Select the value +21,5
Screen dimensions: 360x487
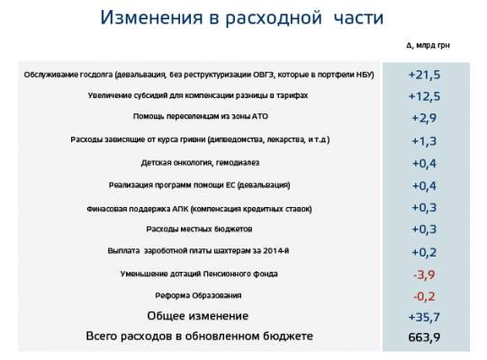424,73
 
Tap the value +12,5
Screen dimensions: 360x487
424,95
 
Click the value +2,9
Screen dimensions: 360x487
424,118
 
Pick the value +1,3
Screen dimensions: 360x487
424,140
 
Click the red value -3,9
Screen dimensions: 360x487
424,274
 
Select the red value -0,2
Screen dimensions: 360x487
424,295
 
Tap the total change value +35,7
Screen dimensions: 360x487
424,317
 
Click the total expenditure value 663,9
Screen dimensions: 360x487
424,338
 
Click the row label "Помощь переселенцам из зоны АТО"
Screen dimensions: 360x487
198,118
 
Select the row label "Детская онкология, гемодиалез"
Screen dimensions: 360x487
198,163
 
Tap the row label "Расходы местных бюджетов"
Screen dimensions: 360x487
198,229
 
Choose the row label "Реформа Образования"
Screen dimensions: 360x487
198,295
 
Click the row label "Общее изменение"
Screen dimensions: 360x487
198,316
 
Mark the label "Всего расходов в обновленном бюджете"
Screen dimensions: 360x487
198,337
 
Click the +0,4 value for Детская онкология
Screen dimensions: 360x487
424,163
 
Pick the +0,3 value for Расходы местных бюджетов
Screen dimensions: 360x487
424,229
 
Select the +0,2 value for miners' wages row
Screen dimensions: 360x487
424,251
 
